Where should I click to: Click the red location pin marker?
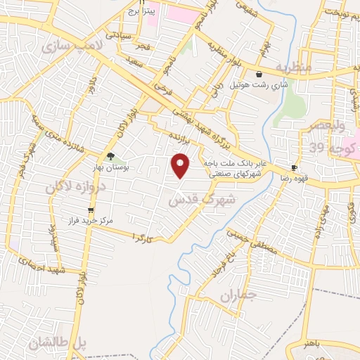pyautogui.click(x=181, y=165)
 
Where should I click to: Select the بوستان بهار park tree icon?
pyautogui.click(x=109, y=156)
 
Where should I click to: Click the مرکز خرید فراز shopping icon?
pyautogui.click(x=90, y=210)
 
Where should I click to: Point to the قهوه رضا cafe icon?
pyautogui.click(x=295, y=168)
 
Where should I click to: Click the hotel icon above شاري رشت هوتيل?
pyautogui.click(x=259, y=74)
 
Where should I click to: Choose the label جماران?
pyautogui.click(x=235, y=296)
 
